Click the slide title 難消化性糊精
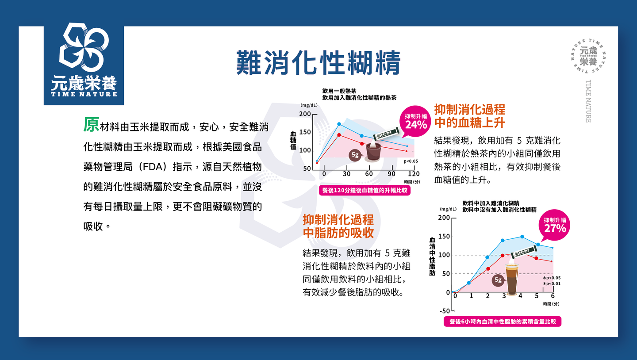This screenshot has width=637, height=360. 318,62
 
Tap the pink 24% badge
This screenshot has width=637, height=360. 415,122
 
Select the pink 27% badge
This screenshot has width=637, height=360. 555,225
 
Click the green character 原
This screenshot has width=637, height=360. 91,125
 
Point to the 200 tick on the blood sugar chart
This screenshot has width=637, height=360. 305,114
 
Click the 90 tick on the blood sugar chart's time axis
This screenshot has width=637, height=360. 391,174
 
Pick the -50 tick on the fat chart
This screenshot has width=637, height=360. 445,311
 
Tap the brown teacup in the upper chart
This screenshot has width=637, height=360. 373,152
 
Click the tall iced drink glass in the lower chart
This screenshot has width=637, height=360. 511,279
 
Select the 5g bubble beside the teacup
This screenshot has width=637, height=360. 355,155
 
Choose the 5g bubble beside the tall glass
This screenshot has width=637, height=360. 498,280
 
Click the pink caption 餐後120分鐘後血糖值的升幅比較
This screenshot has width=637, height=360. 365,190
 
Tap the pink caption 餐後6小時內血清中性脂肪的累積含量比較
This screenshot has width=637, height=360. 503,322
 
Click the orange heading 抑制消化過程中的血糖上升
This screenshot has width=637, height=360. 469,116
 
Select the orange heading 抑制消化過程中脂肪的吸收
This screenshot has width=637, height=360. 338,226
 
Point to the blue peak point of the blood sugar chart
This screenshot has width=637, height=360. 339,124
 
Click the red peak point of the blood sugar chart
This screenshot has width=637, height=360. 339,135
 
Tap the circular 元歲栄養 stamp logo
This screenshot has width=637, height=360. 588,56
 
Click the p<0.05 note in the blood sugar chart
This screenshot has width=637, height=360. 411,161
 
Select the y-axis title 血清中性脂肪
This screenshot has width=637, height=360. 432,256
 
